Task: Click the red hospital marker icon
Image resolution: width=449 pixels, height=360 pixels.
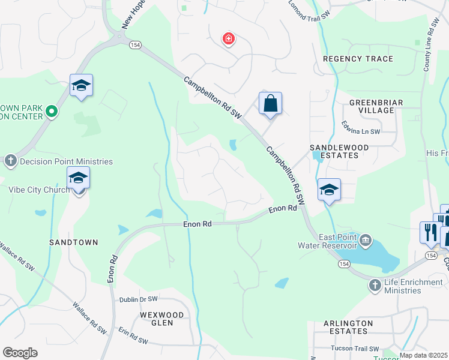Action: click(x=228, y=40)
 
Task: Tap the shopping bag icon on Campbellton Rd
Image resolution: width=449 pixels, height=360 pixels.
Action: click(x=271, y=103)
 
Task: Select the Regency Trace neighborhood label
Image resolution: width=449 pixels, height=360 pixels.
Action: click(x=358, y=59)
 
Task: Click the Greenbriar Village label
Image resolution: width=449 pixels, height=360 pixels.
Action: click(x=376, y=107)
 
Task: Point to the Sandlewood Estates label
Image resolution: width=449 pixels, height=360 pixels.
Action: click(x=334, y=151)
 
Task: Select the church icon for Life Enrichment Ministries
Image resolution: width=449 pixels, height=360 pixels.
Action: click(x=375, y=285)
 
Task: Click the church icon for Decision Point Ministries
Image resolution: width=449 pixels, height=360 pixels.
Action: click(x=10, y=161)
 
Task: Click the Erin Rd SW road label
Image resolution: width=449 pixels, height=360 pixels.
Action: click(x=133, y=336)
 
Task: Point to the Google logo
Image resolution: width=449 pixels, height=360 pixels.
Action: click(x=20, y=353)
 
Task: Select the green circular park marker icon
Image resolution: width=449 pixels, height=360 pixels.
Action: click(x=52, y=110)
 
